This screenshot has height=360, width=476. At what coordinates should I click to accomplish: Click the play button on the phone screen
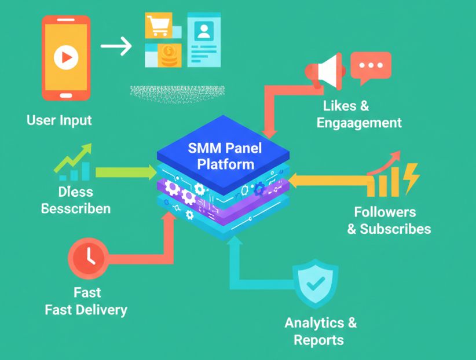65,57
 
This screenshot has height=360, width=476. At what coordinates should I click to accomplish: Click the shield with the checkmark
315,283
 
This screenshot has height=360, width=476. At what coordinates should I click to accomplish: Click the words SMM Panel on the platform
225,148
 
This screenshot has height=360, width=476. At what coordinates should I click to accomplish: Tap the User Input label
59,120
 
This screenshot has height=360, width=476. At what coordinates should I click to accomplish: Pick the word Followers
385,212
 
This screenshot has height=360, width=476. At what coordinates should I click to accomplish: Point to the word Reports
318,340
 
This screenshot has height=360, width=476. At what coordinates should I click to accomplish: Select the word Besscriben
76,208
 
